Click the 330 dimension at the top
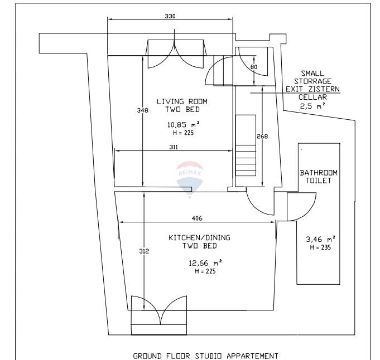(170, 16)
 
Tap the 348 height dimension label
(142, 110)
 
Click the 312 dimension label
(144, 251)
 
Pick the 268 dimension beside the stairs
(262, 137)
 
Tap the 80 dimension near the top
(254, 67)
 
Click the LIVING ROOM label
(182, 101)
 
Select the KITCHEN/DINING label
(199, 237)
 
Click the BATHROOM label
(319, 173)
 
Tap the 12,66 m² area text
(205, 262)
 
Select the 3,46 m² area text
(320, 240)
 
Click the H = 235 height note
(320, 247)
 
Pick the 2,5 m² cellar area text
(312, 105)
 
